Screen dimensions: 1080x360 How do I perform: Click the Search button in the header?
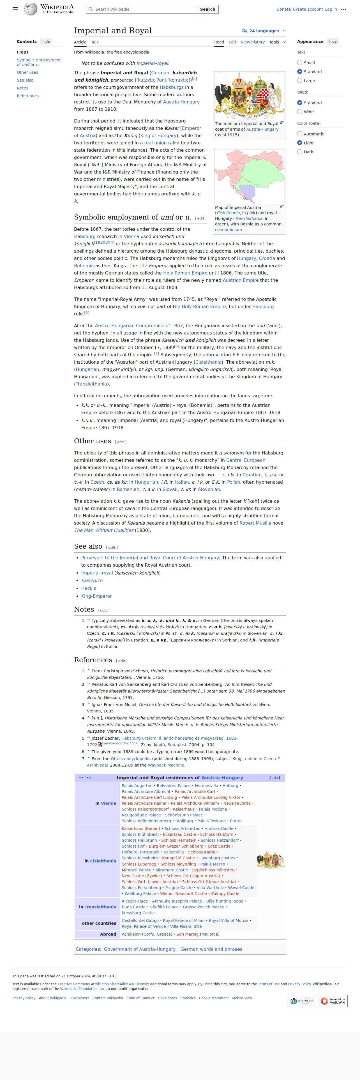[207, 9]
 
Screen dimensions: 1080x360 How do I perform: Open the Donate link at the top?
[283, 9]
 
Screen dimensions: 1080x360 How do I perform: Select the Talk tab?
[95, 42]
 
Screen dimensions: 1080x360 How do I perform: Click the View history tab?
[252, 42]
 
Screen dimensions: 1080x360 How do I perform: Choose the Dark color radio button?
[300, 152]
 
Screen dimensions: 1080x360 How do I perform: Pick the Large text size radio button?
[300, 80]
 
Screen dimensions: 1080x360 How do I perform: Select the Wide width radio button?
[300, 112]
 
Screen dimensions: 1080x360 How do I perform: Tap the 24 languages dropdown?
[264, 31]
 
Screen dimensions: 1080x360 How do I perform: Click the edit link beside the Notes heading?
[103, 610]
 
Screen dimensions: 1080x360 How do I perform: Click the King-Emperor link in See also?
[96, 596]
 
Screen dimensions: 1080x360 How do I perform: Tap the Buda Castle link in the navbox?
[133, 907]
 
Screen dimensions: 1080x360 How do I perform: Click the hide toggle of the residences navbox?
[274, 777]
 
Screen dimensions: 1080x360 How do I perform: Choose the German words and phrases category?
[211, 949]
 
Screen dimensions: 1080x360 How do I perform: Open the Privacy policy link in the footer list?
[24, 998]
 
